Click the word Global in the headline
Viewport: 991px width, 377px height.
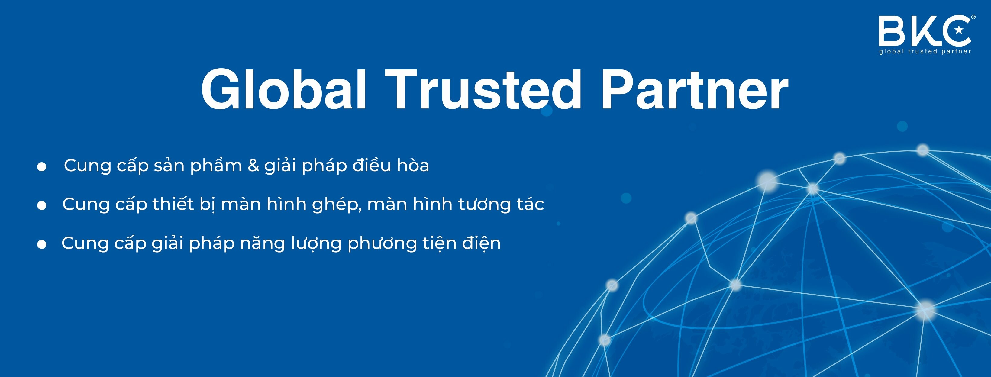tap(283, 90)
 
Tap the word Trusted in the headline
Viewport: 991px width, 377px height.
tap(483, 90)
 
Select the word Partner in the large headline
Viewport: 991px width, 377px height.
tap(694, 90)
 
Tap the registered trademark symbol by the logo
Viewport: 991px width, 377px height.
tap(973, 17)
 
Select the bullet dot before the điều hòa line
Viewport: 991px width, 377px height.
tap(42, 166)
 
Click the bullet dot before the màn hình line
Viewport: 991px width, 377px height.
tap(42, 205)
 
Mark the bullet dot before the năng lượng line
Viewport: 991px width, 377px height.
tap(42, 244)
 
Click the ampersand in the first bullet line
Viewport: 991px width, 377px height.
tap(253, 166)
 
